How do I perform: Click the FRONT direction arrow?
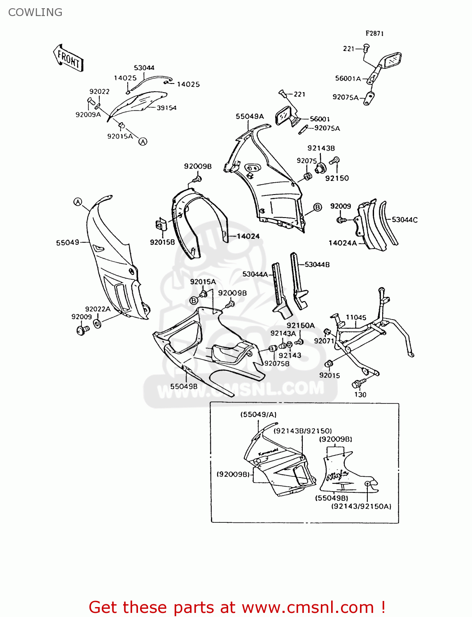coord(68,58)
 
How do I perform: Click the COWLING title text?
coord(35,12)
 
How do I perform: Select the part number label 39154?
coord(166,108)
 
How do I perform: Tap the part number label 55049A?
coord(250,116)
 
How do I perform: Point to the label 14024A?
coord(343,243)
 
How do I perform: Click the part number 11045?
coord(356,317)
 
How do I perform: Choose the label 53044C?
coord(404,220)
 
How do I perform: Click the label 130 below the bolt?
coord(360,394)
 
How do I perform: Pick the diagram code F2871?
coord(374,33)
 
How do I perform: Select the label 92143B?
coord(321,148)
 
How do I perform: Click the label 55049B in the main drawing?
coord(184,386)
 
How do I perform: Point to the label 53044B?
coord(317,264)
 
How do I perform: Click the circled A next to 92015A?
coord(143,141)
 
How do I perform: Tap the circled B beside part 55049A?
coord(318,207)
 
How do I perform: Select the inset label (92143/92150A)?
coord(361,506)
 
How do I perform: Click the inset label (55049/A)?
coord(258,415)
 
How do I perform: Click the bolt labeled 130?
coord(357,383)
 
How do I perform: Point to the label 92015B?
coord(162,242)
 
